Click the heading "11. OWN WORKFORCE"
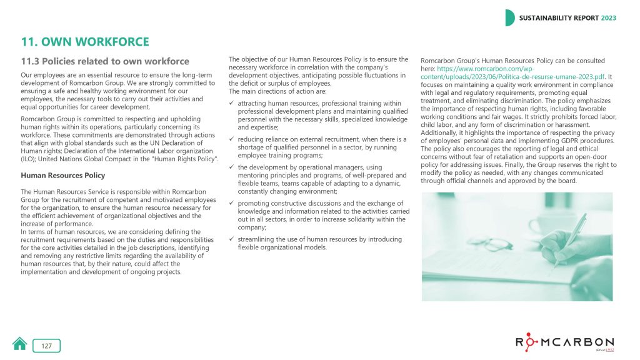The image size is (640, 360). point(85,42)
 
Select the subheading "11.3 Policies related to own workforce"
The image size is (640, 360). point(105,61)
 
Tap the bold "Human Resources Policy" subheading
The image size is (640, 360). point(63,176)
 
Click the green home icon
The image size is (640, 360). point(20,344)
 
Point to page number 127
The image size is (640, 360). point(47,346)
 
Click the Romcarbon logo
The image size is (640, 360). point(564,342)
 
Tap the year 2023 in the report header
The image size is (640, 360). point(608,18)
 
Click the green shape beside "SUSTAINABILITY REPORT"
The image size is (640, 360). point(509,18)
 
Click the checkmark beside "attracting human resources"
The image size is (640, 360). point(232,102)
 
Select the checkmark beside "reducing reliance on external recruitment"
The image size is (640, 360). point(232,139)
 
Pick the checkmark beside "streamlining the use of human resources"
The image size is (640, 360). point(232,239)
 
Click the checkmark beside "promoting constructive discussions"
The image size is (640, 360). point(232,203)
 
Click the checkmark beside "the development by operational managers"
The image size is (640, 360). point(232,167)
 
